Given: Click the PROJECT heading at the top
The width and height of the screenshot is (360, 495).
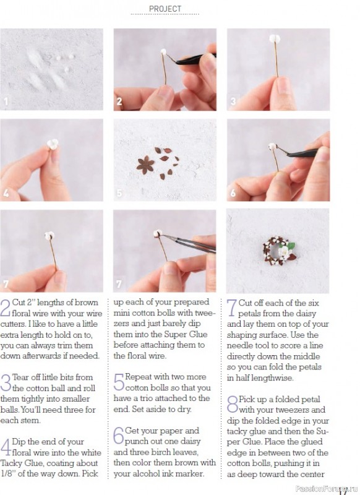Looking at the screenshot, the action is [165, 9].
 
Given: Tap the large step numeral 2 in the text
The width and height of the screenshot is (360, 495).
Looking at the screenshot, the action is [6, 308].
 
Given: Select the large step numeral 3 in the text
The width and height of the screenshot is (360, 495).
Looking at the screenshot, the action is [6, 383].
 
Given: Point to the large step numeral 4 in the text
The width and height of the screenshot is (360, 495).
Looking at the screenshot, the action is [6, 447].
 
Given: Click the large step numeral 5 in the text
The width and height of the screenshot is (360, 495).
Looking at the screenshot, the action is [119, 382].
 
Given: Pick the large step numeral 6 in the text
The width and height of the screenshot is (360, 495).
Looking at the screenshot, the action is [119, 436].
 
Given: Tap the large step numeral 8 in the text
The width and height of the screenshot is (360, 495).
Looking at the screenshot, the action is [233, 405].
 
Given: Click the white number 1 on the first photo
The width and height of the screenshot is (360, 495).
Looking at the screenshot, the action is [6, 101].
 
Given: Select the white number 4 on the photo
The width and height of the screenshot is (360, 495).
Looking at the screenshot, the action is [6, 192].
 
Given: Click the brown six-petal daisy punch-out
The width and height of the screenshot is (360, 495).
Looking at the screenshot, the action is [145, 165].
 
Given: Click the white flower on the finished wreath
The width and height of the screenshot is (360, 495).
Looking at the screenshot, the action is [284, 251].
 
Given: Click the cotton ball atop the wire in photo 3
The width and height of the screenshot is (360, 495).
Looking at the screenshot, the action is [275, 39].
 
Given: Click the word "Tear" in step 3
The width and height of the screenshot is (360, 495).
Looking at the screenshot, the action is [21, 377].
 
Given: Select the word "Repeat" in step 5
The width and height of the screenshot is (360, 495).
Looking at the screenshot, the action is [138, 377].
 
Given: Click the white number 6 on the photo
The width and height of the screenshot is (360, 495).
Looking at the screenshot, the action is [233, 192].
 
